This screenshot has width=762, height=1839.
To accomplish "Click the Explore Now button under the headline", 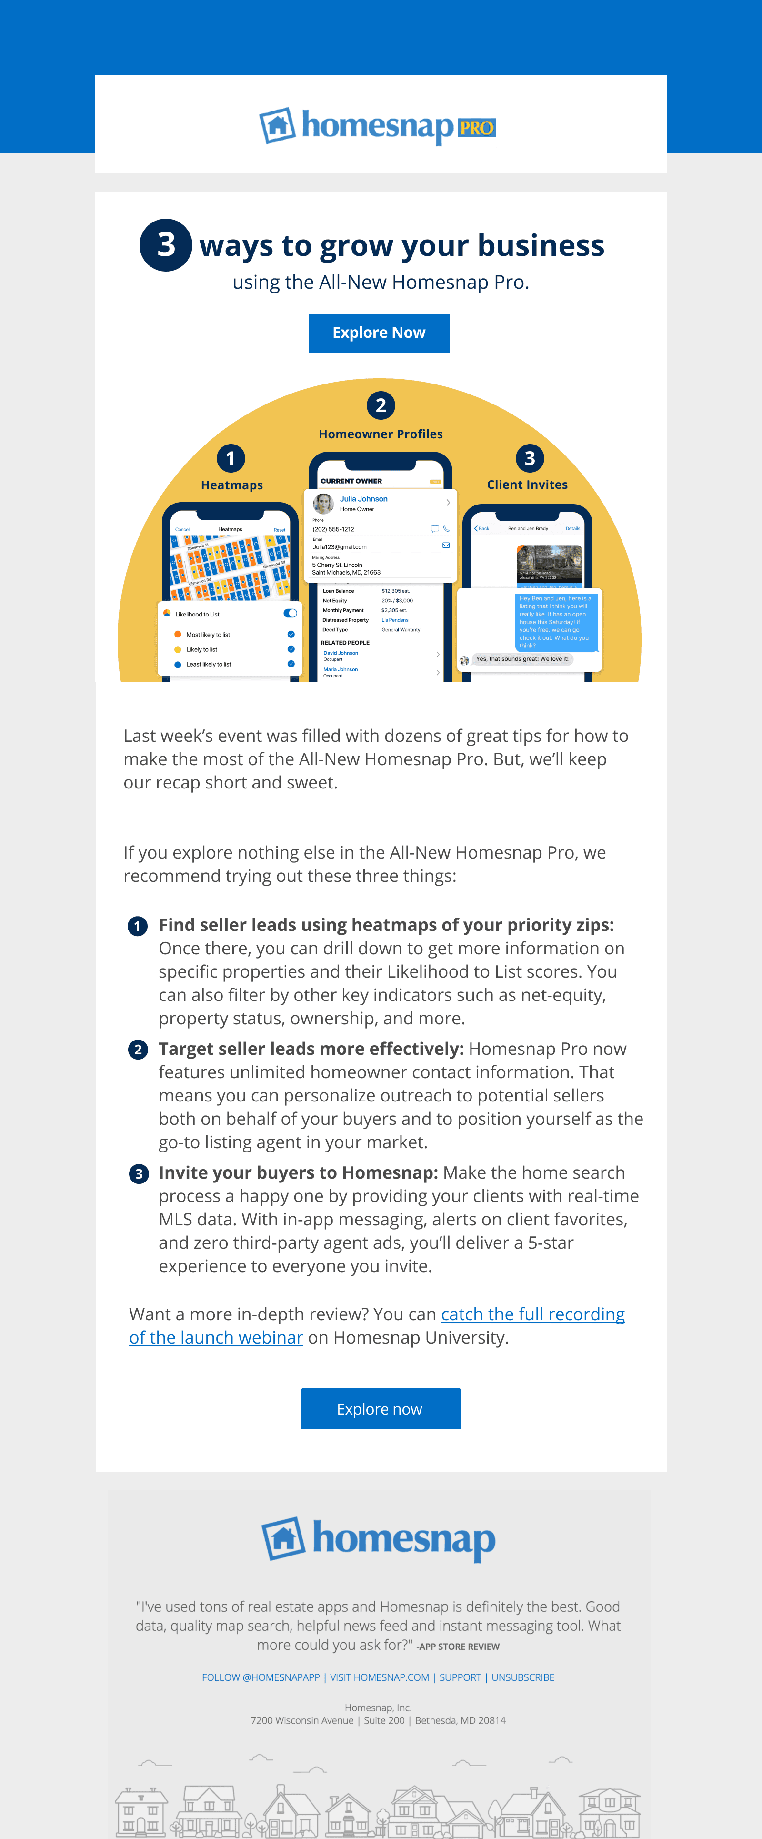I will click(379, 333).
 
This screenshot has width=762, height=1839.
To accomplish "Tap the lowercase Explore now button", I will click(381, 1408).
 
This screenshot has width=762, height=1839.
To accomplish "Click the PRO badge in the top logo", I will click(476, 128).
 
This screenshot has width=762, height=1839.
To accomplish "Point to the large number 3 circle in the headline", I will click(166, 245).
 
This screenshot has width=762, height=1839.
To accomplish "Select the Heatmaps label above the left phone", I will click(232, 485).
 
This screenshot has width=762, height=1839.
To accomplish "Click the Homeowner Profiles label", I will click(381, 434).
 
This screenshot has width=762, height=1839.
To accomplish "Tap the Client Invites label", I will click(527, 484).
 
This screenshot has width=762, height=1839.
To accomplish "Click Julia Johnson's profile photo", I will click(324, 503).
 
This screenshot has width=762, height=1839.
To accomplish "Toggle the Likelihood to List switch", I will click(290, 613).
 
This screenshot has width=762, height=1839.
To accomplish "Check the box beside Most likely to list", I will click(291, 635).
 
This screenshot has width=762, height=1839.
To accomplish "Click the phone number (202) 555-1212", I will click(333, 529).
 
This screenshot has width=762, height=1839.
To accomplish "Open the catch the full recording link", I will click(532, 1314).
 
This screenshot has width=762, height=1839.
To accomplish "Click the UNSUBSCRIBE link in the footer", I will click(522, 1677).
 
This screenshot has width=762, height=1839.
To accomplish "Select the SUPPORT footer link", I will click(460, 1677).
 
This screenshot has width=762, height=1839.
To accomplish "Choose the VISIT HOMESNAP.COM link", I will click(380, 1677).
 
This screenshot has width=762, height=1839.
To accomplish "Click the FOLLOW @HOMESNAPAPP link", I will click(261, 1677).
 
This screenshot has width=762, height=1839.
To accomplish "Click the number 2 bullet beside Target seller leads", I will click(138, 1050).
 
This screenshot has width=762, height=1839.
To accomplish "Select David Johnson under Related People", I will click(341, 653).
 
